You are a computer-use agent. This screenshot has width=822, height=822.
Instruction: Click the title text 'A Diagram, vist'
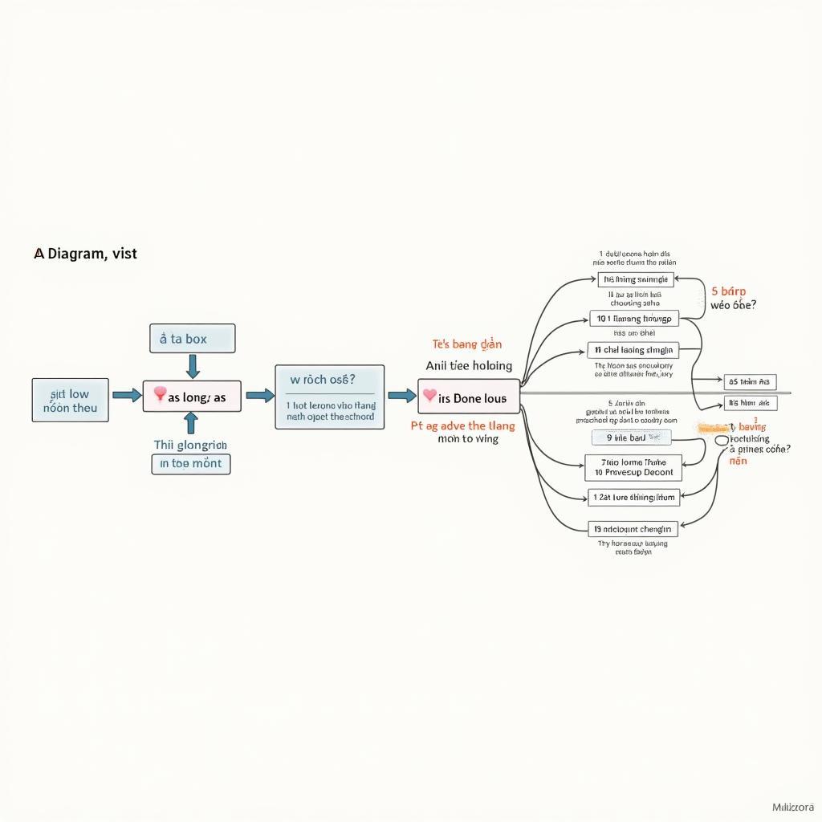85,254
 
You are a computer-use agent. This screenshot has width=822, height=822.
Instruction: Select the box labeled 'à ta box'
192,339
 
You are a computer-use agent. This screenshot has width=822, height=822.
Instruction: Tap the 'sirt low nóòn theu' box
70,401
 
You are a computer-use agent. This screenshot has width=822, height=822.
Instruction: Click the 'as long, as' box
192,397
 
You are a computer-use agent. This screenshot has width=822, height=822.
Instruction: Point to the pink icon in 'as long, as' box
159,394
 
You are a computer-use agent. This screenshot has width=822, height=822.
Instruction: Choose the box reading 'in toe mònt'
191,464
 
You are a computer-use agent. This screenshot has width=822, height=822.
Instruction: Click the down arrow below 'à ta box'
192,367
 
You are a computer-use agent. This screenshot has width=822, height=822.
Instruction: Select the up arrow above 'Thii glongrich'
191,424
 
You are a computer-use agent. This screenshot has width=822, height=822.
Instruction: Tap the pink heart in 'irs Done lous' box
429,396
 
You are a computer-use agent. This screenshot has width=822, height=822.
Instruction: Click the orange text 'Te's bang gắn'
467,344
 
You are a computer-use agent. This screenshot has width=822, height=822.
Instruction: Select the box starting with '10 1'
634,319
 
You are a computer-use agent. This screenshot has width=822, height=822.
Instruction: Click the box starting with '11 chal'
633,350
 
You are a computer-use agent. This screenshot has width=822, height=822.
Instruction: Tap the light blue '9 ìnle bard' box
631,437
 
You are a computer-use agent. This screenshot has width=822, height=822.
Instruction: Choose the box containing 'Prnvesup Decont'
633,467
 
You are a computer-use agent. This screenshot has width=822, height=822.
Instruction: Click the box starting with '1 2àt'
633,498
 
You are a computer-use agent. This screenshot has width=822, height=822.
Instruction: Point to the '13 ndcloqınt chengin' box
633,529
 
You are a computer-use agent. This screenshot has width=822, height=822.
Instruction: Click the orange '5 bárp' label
728,292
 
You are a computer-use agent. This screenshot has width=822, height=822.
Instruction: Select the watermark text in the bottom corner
792,806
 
